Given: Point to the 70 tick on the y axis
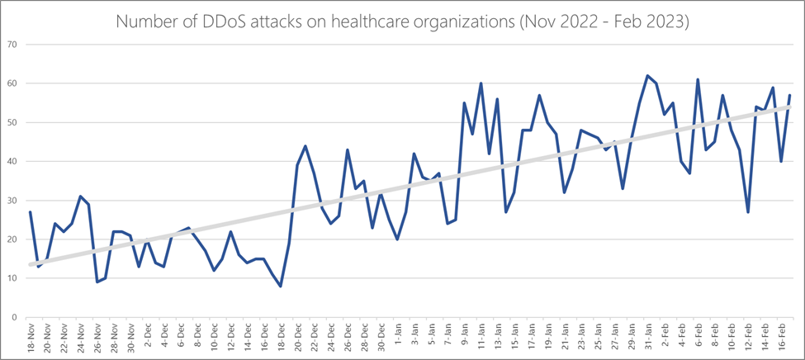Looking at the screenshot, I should tap(12, 45).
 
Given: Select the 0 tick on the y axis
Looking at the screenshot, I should tap(14, 317).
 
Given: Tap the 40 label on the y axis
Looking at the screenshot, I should tap(12, 162).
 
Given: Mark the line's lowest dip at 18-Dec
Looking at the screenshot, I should tap(281, 286).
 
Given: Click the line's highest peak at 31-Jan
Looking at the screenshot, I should tap(648, 76).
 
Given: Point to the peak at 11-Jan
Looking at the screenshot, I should tap(481, 83).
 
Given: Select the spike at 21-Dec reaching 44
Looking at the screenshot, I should tap(305, 146).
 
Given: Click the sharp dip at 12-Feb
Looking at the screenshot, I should tap(748, 212).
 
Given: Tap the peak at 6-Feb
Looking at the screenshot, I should tap(698, 80).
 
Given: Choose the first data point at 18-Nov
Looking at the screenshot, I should tap(31, 212).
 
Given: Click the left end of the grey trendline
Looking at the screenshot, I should tap(31, 264).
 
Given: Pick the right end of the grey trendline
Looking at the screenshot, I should tap(790, 107).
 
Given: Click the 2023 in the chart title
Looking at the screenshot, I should tap(664, 21).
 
